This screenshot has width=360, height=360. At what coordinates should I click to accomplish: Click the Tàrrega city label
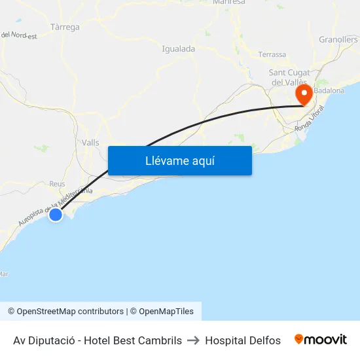click(65, 27)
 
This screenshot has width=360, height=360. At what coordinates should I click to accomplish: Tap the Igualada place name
click(178, 48)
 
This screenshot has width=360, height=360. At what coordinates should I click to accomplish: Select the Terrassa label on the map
click(272, 54)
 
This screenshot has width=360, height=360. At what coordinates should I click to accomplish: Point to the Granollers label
click(338, 39)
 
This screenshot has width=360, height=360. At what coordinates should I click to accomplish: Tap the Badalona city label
click(329, 90)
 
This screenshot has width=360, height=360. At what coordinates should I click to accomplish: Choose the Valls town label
click(90, 142)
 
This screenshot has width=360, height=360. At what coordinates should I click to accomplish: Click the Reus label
click(57, 184)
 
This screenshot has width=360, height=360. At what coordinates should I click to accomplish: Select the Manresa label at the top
click(229, 2)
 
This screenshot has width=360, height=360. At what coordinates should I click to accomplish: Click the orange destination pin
click(304, 94)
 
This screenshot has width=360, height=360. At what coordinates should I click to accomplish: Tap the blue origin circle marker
click(56, 214)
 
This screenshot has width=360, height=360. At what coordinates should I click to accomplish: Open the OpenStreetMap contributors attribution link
click(65, 312)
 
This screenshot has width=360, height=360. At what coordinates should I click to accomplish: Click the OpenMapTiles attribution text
click(162, 312)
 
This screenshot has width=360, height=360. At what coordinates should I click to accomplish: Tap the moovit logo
click(320, 340)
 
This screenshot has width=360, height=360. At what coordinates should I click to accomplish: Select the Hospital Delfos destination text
click(243, 340)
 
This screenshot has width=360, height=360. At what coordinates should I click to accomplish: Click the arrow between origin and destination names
click(194, 340)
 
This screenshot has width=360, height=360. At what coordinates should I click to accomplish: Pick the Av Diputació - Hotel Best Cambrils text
click(98, 340)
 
